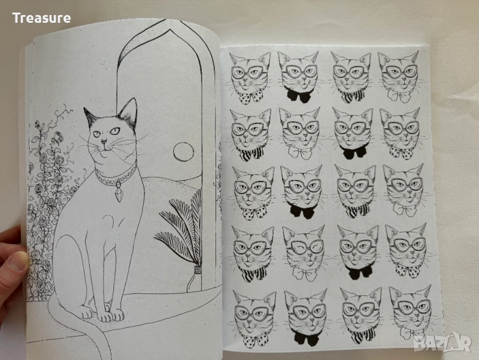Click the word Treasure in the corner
[x=41, y=18]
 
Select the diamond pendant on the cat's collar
[x=119, y=194]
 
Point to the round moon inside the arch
[x=184, y=152]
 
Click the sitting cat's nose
[x=104, y=141]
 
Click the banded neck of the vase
[x=198, y=269]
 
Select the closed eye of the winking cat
[x=296, y=247]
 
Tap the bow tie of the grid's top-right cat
[x=401, y=95]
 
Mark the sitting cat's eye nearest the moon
[x=115, y=131]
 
